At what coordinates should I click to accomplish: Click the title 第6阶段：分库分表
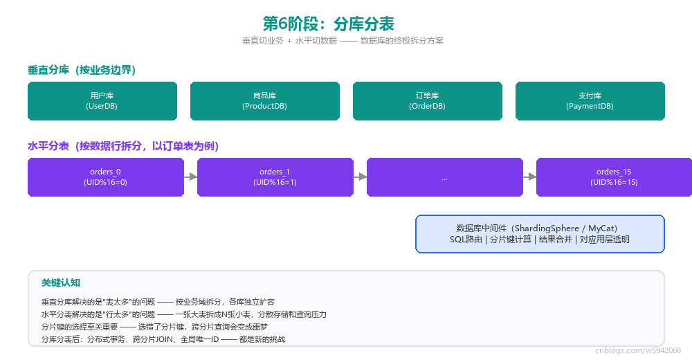pos(328,24)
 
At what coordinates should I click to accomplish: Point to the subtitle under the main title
pos(343,41)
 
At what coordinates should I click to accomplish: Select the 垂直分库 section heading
pos(82,70)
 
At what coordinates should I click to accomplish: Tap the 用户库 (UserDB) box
pos(102,100)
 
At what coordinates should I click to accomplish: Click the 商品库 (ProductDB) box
pos(265,100)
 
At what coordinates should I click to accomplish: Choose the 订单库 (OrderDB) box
pos(427,100)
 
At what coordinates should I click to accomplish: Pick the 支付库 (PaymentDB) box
pos(590,100)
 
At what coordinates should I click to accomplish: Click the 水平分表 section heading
pos(123,146)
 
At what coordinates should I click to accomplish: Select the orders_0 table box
pos(105,177)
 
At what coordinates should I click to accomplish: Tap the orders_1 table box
pos(275,177)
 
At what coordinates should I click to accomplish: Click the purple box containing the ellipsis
pos(444,177)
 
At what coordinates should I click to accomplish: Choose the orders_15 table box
pos(614,177)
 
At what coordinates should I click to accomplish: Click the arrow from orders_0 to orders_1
pos(191,177)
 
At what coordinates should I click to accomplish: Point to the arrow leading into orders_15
pos(529,177)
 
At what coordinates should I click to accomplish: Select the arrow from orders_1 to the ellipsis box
pos(360,177)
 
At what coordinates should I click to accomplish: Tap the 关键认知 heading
pos(61,282)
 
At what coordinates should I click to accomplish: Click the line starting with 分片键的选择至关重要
pos(154,327)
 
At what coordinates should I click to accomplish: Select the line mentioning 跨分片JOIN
pos(163,339)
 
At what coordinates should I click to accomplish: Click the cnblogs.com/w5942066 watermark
pos(638,350)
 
